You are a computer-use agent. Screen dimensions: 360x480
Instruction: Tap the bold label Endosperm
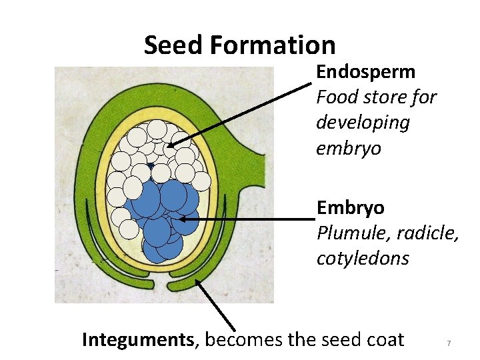click(365, 71)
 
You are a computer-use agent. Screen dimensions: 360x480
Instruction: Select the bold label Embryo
click(350, 208)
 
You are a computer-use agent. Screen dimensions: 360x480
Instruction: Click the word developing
click(363, 123)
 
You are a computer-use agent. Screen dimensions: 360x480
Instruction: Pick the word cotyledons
click(363, 259)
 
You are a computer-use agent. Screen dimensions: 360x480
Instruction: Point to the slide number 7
click(449, 343)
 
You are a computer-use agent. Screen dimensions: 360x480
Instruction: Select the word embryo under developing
click(348, 149)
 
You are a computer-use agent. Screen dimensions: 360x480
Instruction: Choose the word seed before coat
click(340, 340)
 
